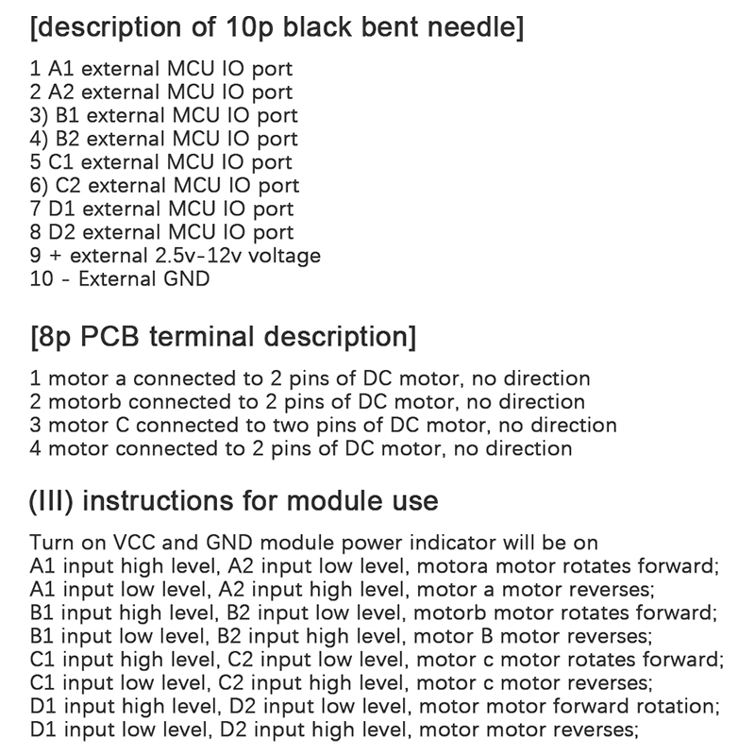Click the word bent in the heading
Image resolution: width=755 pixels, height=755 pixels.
tap(382, 28)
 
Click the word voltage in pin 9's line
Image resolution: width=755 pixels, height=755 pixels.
tap(283, 256)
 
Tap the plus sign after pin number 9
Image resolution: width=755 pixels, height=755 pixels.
tap(55, 256)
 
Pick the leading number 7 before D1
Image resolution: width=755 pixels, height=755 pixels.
tap(36, 210)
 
